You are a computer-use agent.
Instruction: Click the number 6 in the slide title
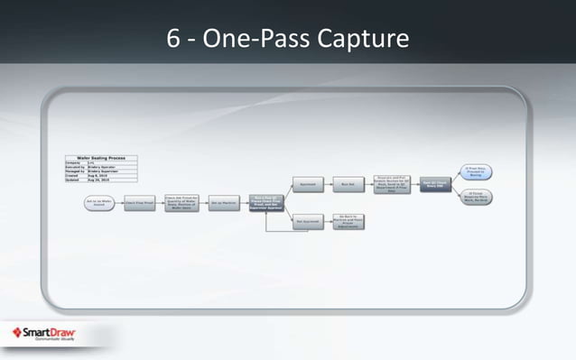point(173,40)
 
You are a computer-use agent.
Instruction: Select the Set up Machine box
point(223,204)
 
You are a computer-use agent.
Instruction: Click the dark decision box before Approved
point(265,204)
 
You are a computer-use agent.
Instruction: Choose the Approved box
point(308,183)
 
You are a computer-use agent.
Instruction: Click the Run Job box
point(349,183)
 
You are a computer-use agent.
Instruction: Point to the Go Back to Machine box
point(349,222)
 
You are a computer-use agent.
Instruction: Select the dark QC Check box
point(434,183)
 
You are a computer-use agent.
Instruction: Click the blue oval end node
point(478,170)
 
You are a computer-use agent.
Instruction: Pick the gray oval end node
point(478,197)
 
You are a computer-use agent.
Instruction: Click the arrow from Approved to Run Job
point(329,183)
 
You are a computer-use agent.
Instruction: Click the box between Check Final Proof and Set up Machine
point(181,204)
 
